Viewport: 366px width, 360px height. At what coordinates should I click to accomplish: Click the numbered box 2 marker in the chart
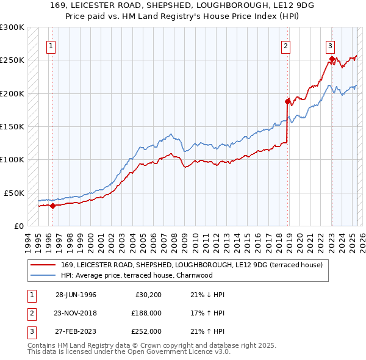point(285,45)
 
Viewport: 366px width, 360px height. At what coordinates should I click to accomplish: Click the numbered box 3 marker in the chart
point(330,45)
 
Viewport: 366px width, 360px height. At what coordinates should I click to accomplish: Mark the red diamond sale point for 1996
point(52,206)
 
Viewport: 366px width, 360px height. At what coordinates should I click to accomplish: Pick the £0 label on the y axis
point(18,226)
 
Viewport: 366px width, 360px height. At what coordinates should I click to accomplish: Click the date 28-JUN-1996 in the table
point(76,295)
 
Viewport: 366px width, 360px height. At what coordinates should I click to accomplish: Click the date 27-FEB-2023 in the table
point(76,331)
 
